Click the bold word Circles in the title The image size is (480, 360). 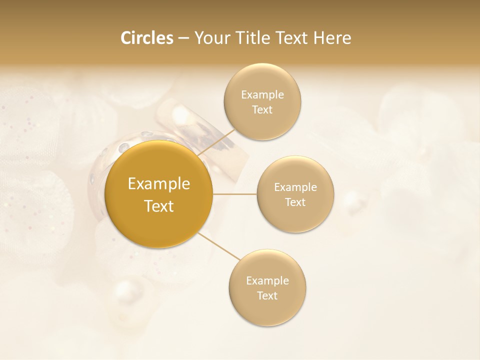pos(147,38)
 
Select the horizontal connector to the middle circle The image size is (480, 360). pos(235,194)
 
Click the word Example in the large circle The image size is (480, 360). pos(159,184)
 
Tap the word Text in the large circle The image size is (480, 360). pos(159,206)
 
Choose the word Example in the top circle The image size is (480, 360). pos(262,95)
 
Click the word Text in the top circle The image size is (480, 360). pos(262,110)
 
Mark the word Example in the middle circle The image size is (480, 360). pos(295,187)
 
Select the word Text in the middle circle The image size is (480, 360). pos(295,202)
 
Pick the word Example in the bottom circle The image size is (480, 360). pos(267,281)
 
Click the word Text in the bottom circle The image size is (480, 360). pos(267,296)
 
